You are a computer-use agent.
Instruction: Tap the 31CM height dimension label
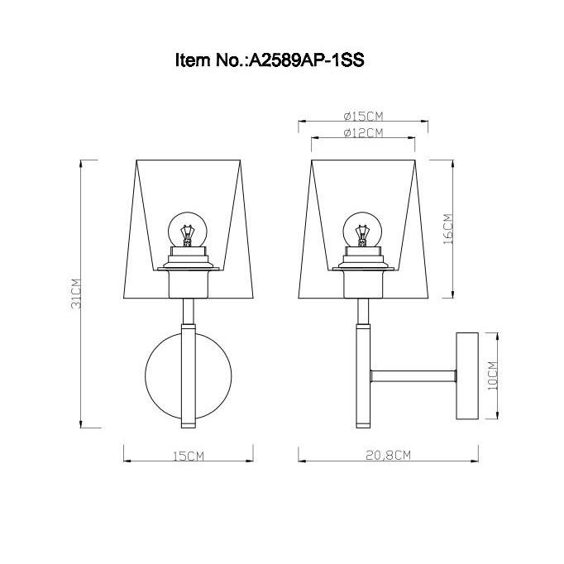[x=75, y=293]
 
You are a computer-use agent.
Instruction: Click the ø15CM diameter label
[x=362, y=116]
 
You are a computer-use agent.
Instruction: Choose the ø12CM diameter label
[x=362, y=132]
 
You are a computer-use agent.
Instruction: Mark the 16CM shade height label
[x=447, y=230]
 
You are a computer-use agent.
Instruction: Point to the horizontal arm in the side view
[x=413, y=376]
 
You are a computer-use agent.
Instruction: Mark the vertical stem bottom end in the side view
[x=361, y=422]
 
